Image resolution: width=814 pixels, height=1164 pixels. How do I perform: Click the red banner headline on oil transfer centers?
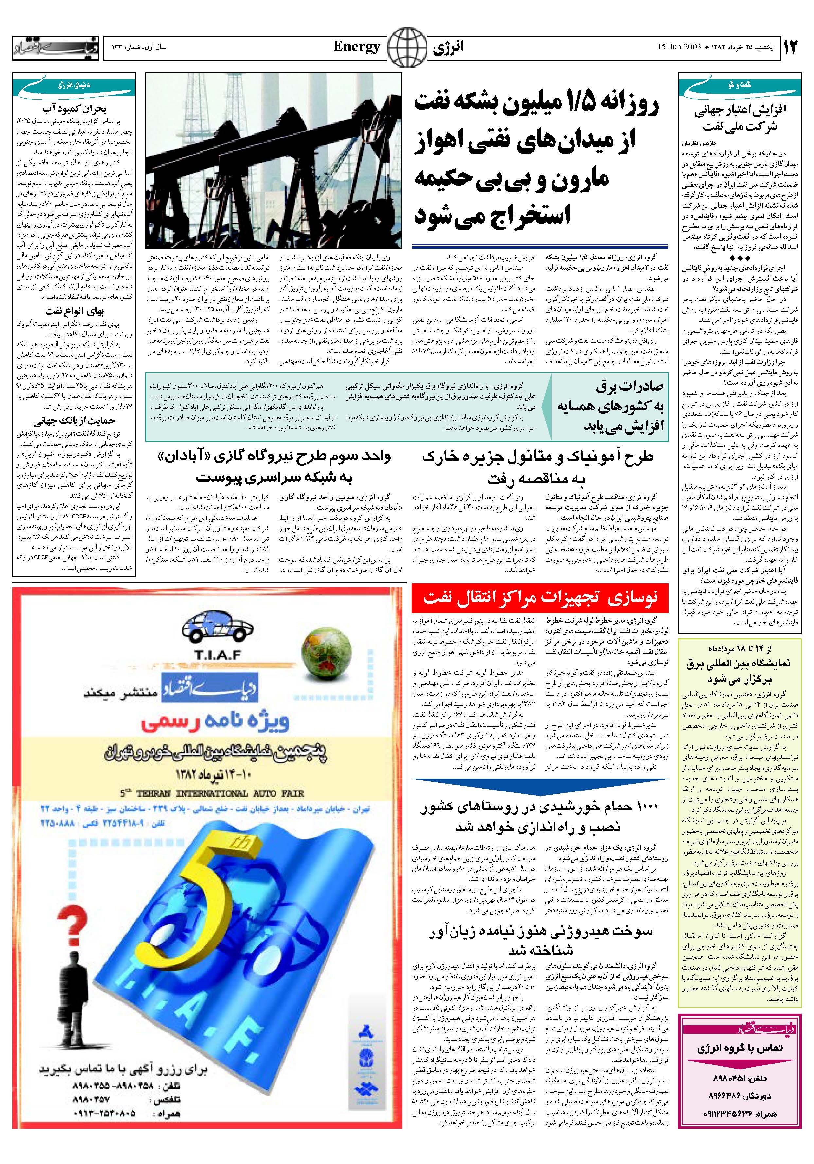tap(540, 599)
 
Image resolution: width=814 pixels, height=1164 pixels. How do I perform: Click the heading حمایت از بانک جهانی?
tap(75, 421)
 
